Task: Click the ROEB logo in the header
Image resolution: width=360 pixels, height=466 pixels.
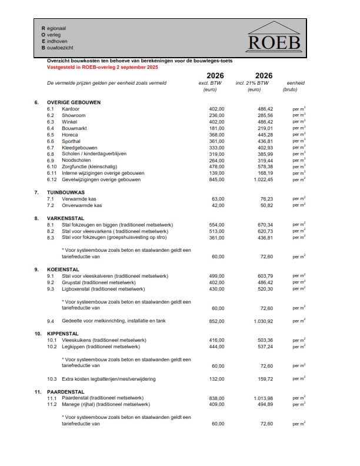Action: (x=274, y=37)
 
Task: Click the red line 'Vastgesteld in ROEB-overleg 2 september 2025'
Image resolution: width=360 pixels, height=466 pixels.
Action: (x=102, y=68)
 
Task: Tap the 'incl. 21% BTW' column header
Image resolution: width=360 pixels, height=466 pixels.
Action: (x=254, y=84)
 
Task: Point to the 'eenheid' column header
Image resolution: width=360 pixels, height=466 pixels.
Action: (x=295, y=84)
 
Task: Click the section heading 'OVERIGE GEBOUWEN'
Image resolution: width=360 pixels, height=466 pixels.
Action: (x=74, y=102)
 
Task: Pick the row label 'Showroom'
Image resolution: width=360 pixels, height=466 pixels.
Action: (x=74, y=115)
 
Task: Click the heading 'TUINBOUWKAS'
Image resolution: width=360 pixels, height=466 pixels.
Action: (x=66, y=192)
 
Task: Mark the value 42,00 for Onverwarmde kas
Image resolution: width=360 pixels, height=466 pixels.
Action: (x=218, y=205)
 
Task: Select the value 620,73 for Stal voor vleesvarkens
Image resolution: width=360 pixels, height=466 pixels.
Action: (x=265, y=231)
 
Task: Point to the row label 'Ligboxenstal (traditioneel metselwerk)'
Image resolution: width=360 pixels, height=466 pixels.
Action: (x=104, y=289)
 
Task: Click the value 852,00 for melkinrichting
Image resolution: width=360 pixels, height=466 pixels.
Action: (x=217, y=321)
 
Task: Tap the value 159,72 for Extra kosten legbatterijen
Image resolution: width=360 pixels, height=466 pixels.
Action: (x=265, y=378)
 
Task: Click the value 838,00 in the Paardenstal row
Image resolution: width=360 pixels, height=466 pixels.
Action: (x=217, y=398)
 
